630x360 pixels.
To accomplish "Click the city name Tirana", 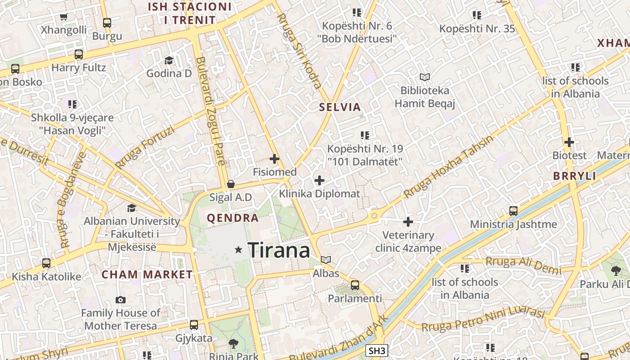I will click(279, 250).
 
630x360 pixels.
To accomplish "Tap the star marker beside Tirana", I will click(238, 249).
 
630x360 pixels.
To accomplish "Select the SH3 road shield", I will click(376, 351).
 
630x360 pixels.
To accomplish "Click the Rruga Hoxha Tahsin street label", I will click(448, 167).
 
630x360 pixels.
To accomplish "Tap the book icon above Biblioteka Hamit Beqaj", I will click(424, 77).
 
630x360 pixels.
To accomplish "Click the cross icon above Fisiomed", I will click(274, 159).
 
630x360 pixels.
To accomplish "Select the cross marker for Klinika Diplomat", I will click(319, 180).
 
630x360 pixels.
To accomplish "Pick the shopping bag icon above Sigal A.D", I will click(231, 184).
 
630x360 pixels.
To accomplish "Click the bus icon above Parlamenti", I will click(355, 285).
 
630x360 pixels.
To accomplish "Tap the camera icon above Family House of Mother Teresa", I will click(121, 300).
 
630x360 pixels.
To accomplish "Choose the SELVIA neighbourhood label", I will click(340, 107).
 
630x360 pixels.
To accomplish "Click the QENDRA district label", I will click(233, 218).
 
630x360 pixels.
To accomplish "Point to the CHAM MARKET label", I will click(147, 274).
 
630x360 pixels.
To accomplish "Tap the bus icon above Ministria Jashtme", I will click(513, 211).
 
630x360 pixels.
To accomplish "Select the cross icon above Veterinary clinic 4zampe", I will click(408, 221).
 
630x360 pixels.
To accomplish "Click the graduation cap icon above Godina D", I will click(169, 60).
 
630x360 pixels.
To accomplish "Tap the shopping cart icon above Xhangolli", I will click(63, 17).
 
